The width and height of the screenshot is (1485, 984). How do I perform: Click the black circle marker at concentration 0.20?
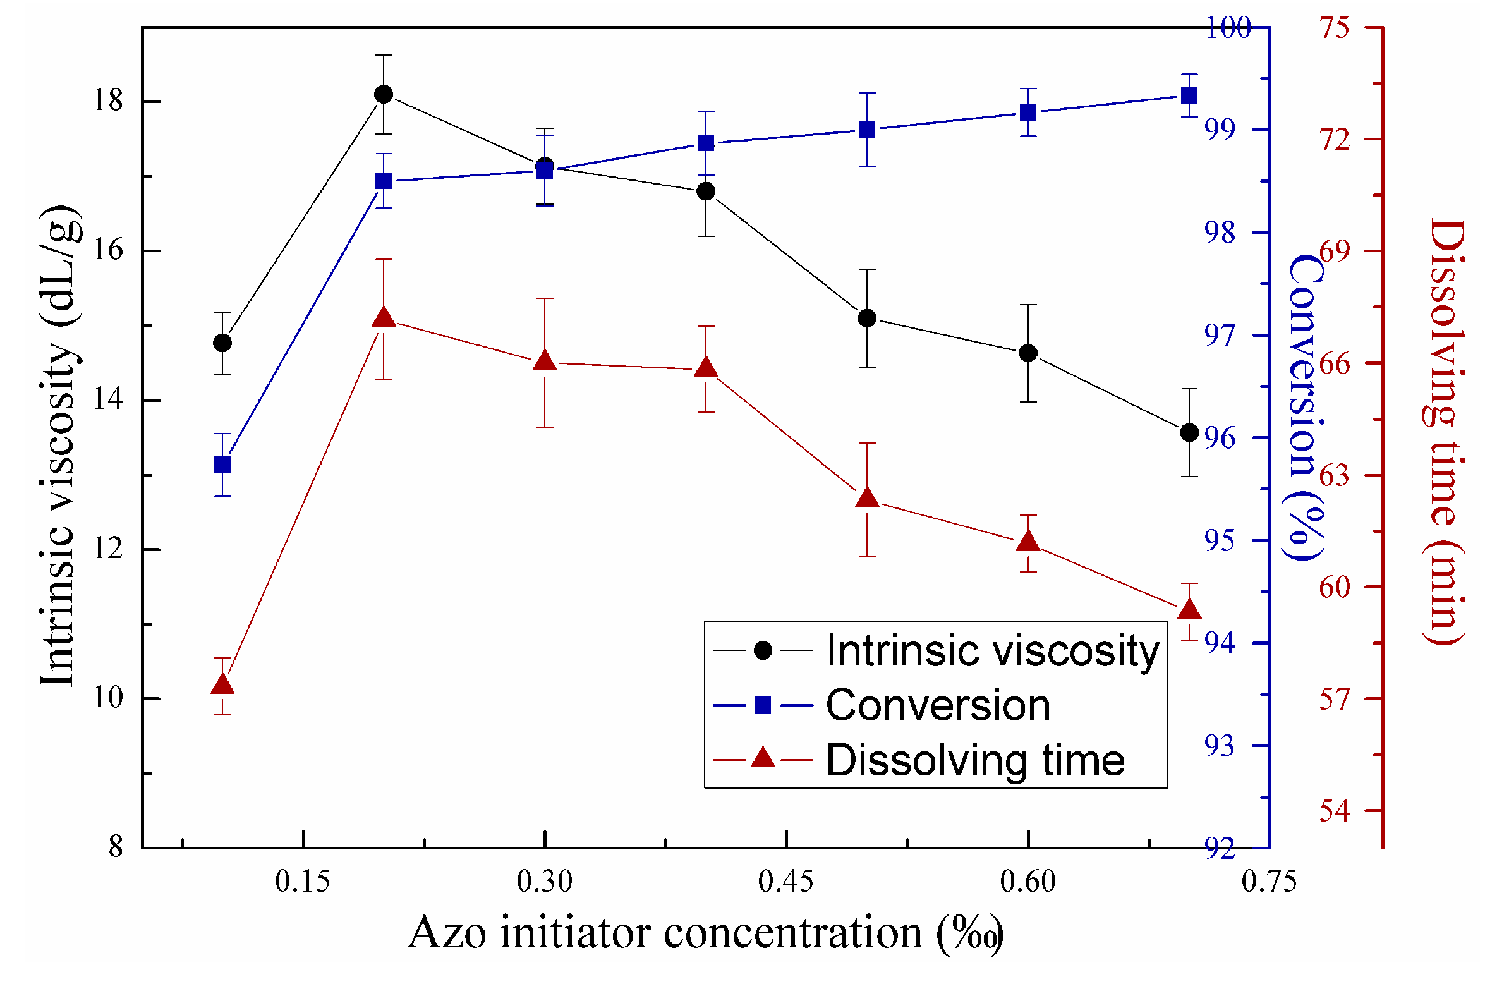tap(384, 94)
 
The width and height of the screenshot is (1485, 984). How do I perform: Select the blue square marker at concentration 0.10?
tap(222, 465)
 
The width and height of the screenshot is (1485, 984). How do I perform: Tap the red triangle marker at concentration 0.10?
tap(222, 685)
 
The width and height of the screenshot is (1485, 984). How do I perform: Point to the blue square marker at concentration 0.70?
tap(1189, 95)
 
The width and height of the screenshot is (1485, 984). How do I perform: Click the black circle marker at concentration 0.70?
tap(1189, 432)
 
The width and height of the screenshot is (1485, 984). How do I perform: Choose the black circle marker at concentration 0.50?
tap(867, 318)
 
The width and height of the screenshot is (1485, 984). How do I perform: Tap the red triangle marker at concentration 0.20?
tap(384, 318)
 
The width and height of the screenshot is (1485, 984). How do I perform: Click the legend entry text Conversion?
tap(938, 705)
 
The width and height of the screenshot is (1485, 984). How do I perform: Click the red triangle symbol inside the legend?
tap(763, 758)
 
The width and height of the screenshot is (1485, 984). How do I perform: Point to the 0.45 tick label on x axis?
tap(785, 881)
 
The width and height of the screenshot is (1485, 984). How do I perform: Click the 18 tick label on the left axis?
tap(107, 100)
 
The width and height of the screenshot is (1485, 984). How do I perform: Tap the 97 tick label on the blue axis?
tap(1219, 336)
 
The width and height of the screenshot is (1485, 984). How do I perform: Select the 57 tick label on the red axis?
tap(1334, 698)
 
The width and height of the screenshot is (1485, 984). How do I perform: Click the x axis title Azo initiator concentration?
tap(705, 933)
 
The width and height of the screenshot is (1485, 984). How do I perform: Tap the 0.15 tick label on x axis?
tap(303, 881)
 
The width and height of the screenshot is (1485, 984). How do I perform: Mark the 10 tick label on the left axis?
tap(107, 698)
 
